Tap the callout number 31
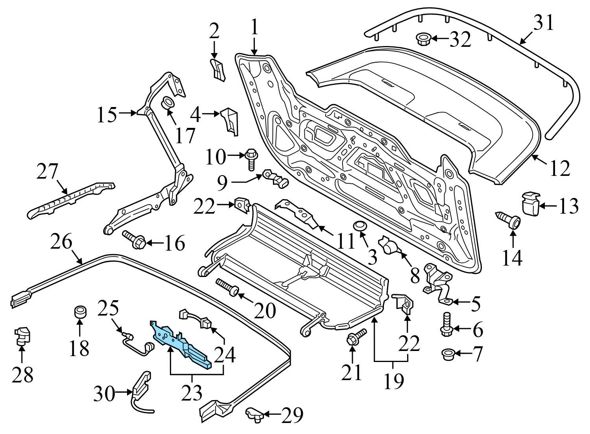543,23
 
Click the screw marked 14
509,220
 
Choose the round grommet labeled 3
360,226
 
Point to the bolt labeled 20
228,286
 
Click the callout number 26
61,242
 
